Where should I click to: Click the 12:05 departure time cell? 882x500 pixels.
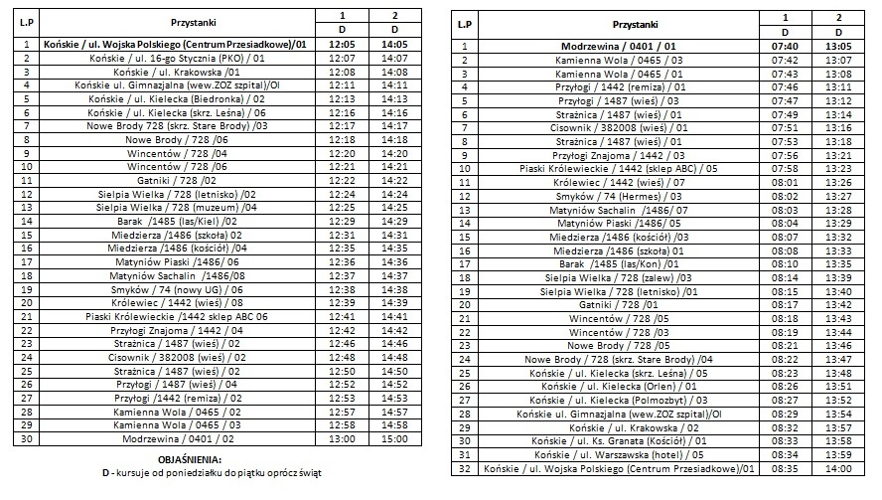tap(341, 45)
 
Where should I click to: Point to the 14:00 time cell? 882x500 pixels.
tap(838, 467)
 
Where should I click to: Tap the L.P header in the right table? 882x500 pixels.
tap(464, 23)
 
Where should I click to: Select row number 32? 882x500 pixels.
tap(464, 467)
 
